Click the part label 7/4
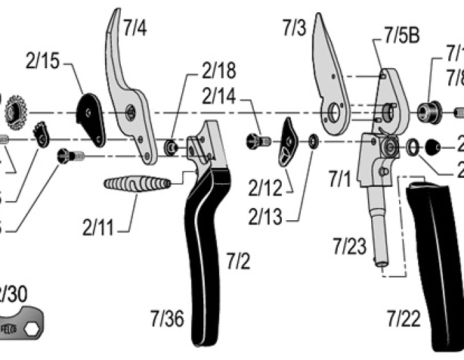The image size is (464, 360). tap(134, 28)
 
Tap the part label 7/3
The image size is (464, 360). tap(294, 27)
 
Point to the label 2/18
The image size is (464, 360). tap(218, 72)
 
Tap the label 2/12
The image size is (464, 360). tap(263, 185)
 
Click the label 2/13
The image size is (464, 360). tap(263, 217)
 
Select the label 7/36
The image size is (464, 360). tap(167, 318)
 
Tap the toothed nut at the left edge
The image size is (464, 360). tap(14, 110)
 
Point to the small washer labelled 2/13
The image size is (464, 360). tap(313, 141)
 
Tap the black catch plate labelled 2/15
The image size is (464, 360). tap(90, 117)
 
